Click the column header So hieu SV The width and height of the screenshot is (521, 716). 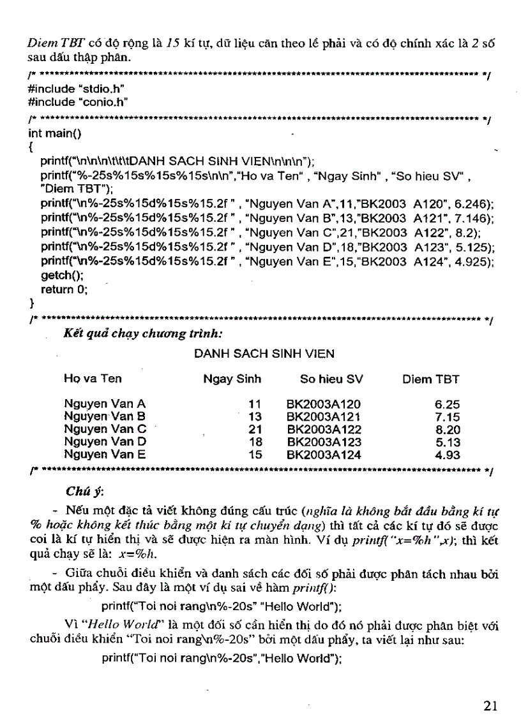tap(331, 379)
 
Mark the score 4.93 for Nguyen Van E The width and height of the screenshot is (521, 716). tap(447, 455)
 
